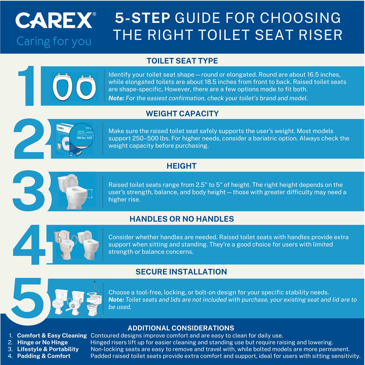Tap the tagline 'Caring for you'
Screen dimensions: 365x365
pyautogui.click(x=54, y=42)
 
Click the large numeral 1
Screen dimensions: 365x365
pyautogui.click(x=27, y=86)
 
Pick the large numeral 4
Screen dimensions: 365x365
pyautogui.click(x=29, y=245)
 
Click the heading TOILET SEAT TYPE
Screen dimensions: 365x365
pyautogui.click(x=182, y=61)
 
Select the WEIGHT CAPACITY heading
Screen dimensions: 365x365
pyautogui.click(x=182, y=114)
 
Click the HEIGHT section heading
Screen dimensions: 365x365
pyautogui.click(x=181, y=166)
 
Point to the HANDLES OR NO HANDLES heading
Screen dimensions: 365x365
pyautogui.click(x=182, y=219)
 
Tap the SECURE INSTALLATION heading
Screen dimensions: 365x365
pyautogui.click(x=181, y=272)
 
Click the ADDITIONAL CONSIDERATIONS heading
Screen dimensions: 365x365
pyautogui.click(x=181, y=328)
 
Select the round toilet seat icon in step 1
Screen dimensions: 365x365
pyautogui.click(x=86, y=87)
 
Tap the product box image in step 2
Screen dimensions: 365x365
pyautogui.click(x=74, y=139)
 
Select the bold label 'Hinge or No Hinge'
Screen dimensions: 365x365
pyautogui.click(x=42, y=342)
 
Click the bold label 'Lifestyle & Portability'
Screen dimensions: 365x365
pyautogui.click(x=48, y=349)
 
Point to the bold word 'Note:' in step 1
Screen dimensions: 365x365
pyautogui.click(x=116, y=98)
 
